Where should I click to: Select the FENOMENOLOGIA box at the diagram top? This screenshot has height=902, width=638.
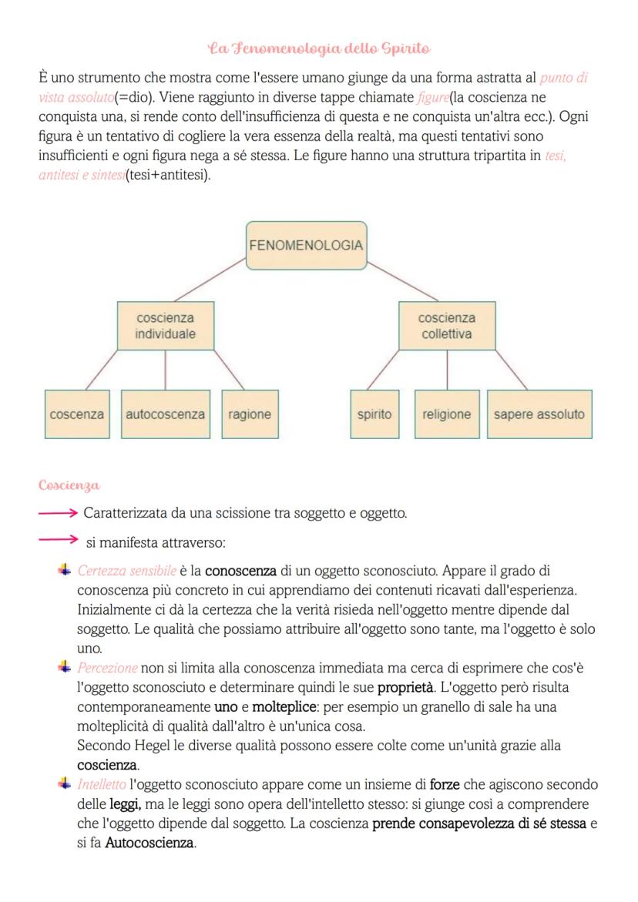(x=306, y=246)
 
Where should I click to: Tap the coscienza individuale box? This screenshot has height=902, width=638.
(x=166, y=326)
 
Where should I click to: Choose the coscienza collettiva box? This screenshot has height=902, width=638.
(x=446, y=326)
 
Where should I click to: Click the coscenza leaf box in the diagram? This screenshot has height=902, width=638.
(x=77, y=414)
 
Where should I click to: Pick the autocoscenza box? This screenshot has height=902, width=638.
(x=166, y=414)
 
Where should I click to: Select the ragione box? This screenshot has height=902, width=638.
(x=250, y=414)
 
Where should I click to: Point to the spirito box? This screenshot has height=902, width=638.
(x=374, y=414)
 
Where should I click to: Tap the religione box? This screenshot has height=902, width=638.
(x=446, y=414)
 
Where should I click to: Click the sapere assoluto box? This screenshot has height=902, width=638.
(x=539, y=414)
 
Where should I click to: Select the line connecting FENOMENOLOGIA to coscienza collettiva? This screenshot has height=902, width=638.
(x=401, y=280)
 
